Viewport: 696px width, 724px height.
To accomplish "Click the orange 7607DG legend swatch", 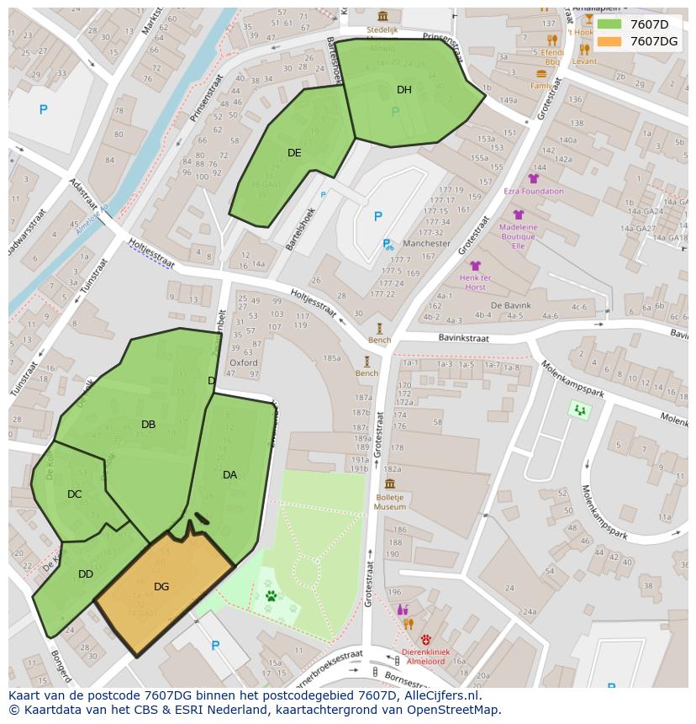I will tap(609, 41).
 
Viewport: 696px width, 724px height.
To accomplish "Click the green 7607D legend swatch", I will tap(609, 24).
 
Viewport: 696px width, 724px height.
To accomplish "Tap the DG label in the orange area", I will tap(161, 587).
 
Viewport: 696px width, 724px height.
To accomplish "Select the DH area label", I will tap(404, 90).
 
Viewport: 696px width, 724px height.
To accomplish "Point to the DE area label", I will tap(294, 153).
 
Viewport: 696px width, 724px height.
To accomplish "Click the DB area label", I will tap(149, 425).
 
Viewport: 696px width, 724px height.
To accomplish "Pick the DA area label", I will tap(229, 475).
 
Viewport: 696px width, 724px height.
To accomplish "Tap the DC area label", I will tap(75, 494).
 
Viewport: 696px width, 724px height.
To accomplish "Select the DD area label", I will tap(86, 574).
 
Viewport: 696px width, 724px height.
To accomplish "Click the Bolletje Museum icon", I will tap(389, 484).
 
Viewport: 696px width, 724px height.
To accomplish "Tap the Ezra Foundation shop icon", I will tap(533, 178).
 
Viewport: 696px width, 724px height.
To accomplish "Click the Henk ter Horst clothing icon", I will tap(475, 266).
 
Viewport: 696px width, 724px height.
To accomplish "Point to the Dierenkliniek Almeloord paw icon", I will tap(425, 639).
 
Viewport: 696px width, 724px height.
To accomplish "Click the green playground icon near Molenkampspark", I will tap(579, 410).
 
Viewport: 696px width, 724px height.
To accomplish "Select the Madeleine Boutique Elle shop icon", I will tap(519, 215).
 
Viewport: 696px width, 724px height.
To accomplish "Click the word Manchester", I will tap(426, 244).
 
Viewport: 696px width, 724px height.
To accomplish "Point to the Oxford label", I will tap(244, 363).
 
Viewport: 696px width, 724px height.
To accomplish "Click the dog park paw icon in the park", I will tap(272, 595).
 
